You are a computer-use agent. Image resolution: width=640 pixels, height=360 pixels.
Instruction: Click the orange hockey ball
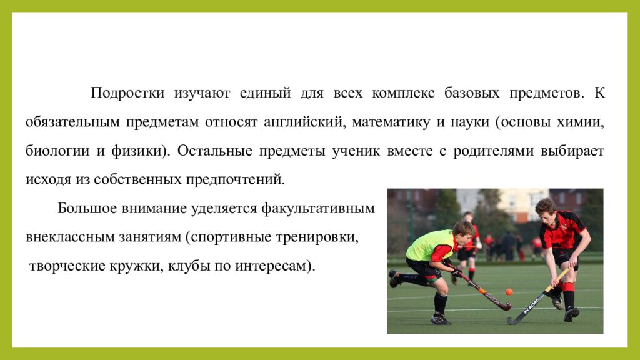[509, 292]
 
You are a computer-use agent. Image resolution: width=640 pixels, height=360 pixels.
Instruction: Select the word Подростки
[127, 93]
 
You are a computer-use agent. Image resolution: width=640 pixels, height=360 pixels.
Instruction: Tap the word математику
[391, 122]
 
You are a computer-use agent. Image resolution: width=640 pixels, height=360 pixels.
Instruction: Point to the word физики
[142, 151]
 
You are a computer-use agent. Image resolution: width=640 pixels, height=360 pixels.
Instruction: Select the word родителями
[499, 151]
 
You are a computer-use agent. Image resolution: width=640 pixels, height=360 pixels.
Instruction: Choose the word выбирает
[576, 151]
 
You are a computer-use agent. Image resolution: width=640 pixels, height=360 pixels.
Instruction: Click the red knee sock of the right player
[568, 296]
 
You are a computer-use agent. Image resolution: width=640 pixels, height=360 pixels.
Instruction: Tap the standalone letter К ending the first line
[599, 93]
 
